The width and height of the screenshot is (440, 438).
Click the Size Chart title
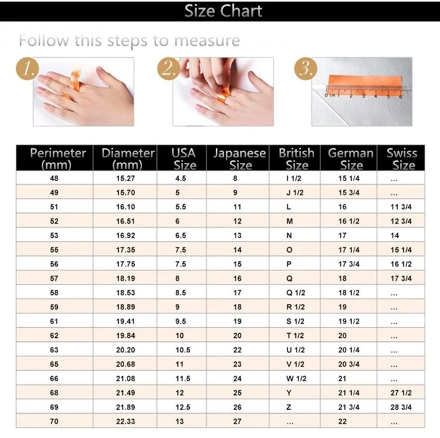point(223,11)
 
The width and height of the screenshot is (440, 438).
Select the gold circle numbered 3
point(306,69)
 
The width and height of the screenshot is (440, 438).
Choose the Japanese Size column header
point(239,159)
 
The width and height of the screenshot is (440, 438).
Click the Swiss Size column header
point(401,159)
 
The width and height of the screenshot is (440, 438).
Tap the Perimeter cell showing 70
point(54,422)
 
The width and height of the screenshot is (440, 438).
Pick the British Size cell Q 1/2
point(296,293)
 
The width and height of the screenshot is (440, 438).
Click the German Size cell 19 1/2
point(349,322)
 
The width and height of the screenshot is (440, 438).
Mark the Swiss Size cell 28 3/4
point(401,407)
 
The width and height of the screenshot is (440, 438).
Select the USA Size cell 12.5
point(183,407)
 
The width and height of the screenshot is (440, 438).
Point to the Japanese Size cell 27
point(237,422)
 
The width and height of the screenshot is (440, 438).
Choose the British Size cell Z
point(289,407)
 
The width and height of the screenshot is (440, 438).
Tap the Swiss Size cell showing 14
point(395,235)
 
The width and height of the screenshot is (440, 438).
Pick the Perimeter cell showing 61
point(54,322)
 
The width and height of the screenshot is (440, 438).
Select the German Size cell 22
point(343,422)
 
